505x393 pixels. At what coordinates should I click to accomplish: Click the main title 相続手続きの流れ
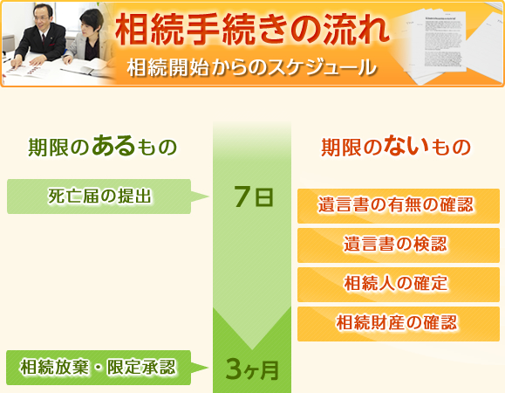point(252,30)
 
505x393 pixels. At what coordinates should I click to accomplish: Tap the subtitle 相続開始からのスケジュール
point(251,67)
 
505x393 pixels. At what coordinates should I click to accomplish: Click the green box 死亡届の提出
point(99,196)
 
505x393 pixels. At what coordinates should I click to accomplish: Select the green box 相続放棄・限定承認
point(99,368)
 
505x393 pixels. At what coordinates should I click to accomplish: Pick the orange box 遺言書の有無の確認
point(399,206)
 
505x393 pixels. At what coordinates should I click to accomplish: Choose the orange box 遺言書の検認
point(399,245)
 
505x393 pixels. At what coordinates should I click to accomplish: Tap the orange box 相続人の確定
point(399,285)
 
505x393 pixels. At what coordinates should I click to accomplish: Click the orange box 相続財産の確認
point(399,324)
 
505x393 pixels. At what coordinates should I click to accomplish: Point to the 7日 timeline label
point(254,196)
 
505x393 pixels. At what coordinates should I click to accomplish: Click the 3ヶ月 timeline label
point(252,369)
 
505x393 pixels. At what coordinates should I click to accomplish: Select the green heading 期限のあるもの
point(102,147)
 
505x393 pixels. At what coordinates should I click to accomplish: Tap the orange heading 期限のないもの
point(396,147)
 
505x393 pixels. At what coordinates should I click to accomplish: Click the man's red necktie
point(44,39)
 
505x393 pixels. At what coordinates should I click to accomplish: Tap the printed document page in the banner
point(445,42)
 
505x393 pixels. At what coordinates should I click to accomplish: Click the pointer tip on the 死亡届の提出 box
point(208,196)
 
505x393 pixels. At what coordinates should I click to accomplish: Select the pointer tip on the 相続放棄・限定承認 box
point(208,368)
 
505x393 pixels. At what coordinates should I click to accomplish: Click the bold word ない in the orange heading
point(406,145)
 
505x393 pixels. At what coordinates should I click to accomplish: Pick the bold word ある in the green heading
point(113,145)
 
